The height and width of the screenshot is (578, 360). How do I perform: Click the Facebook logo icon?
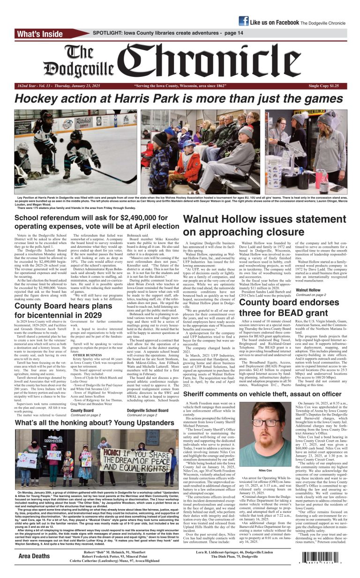244,21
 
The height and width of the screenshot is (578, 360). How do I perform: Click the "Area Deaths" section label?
34,556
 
